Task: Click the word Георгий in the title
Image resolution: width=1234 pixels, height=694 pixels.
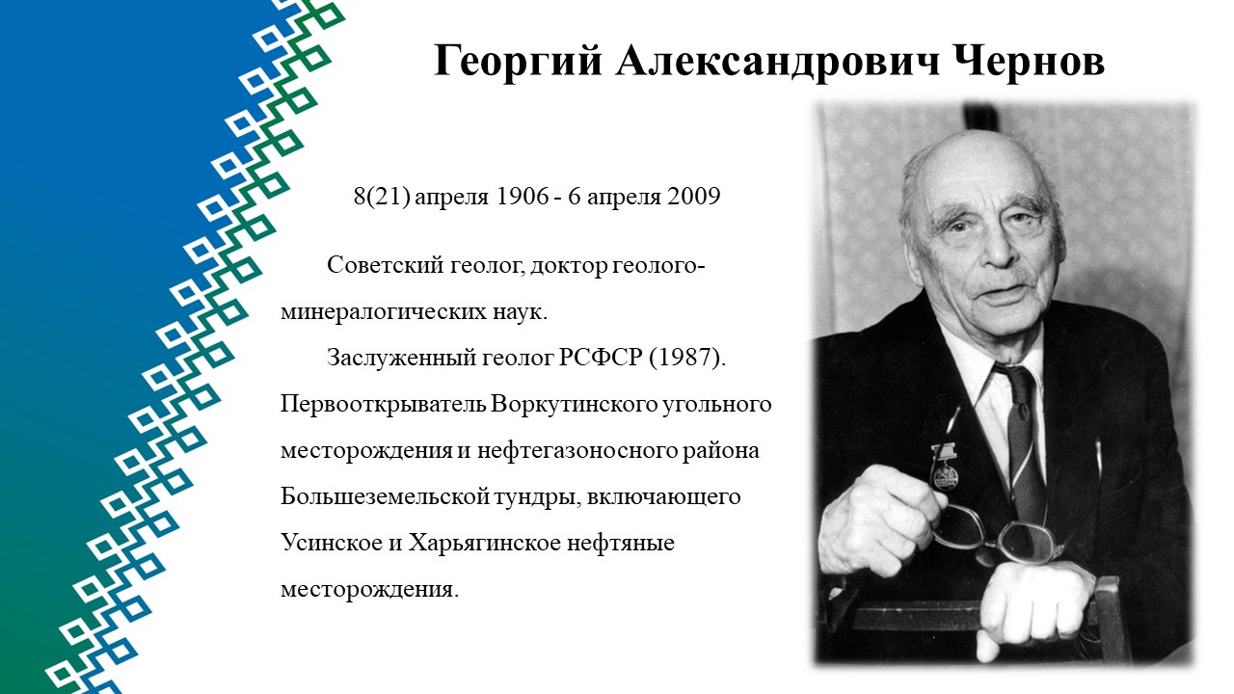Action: [518, 61]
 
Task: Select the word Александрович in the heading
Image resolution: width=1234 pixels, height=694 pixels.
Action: [777, 61]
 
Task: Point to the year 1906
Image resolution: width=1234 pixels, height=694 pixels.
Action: [523, 196]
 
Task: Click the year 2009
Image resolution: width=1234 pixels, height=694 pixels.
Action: [694, 196]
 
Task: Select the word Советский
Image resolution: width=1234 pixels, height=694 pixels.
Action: [385, 265]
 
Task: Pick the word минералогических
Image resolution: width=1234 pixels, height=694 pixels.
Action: [380, 312]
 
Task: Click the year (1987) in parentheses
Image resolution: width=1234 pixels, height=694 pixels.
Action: [687, 358]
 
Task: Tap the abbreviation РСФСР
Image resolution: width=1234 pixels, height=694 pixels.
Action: [601, 358]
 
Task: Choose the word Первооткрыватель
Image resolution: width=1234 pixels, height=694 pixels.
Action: [383, 404]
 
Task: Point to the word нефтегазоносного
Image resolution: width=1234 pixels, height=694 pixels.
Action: [577, 450]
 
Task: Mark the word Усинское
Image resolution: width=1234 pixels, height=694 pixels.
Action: [332, 543]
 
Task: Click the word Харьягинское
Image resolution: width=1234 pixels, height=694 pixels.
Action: [484, 543]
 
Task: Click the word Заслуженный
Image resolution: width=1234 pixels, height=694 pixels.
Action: [402, 358]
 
